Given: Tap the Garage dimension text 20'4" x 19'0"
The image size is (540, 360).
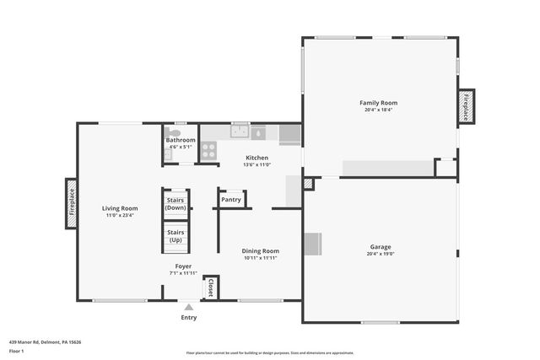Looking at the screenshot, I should coord(381,254).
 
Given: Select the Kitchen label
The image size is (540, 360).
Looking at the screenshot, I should coord(256,158).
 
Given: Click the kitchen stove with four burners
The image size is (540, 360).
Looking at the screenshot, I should coord(208,152).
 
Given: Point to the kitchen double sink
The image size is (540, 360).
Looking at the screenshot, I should coord(240,132).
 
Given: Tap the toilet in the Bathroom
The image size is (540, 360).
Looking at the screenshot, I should coord(173,132).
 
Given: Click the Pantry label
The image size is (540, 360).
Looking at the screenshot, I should coord(231,200).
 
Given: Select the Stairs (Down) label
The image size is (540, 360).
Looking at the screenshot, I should coord(175,203).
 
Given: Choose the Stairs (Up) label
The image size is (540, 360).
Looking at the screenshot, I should coord(175,235).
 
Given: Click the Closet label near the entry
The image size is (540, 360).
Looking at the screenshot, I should coord(210,287).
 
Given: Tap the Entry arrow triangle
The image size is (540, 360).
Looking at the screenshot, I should coord(188,308).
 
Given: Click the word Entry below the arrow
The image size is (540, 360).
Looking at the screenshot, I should coord(188,318).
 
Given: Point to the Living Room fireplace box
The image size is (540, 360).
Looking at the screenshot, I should coord(72,203).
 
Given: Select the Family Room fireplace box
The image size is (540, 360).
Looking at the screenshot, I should coord(466,106).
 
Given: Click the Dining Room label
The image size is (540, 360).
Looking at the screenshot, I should coord(260,250).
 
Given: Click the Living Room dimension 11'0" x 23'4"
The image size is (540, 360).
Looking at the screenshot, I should coord(120,215).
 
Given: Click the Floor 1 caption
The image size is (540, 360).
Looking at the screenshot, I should coord(15,352).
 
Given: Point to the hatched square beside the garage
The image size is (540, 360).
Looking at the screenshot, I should coord(308,183).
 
